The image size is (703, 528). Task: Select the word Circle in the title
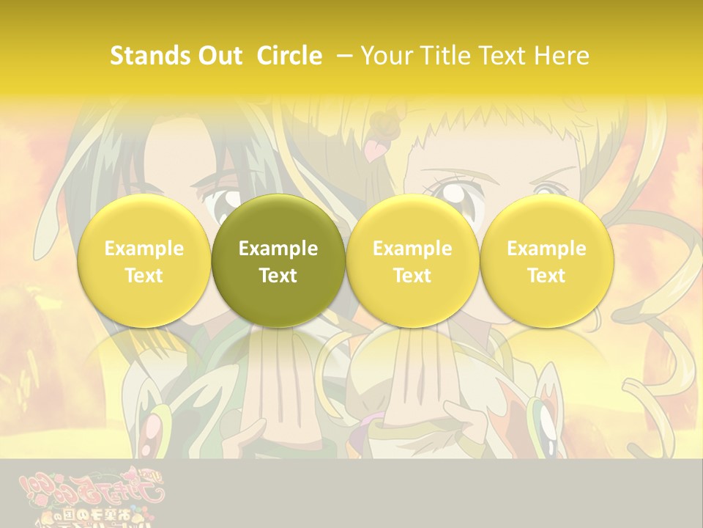click(x=289, y=56)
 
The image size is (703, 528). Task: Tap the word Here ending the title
click(x=562, y=56)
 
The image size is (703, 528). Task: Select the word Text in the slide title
click(x=502, y=56)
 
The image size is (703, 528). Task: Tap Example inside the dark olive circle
click(x=278, y=249)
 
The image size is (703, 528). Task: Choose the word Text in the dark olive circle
click(x=278, y=276)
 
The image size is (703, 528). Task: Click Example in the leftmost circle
click(x=144, y=249)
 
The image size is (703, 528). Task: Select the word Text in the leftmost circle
click(x=144, y=276)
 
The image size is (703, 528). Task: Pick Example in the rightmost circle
click(x=546, y=249)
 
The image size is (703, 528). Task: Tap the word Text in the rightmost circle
click(x=546, y=276)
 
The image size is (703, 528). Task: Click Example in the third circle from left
click(x=412, y=249)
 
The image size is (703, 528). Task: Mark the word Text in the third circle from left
click(x=412, y=276)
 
